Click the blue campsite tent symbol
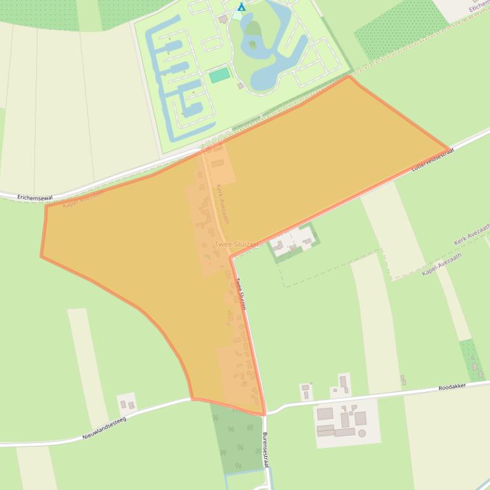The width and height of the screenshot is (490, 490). click(x=241, y=7)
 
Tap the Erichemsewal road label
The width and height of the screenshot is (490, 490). click(x=35, y=198)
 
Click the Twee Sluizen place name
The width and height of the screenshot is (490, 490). click(x=237, y=244)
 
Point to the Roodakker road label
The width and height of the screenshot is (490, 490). click(x=452, y=386)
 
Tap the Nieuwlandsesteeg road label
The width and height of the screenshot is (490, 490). click(x=104, y=428)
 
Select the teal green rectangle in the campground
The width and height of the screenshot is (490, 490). click(x=220, y=76)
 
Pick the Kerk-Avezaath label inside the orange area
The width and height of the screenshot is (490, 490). click(x=222, y=204)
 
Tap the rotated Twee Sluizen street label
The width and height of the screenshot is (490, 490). click(x=241, y=294)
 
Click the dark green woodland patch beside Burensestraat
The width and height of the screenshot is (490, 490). click(x=237, y=439)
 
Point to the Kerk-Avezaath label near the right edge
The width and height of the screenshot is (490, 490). click(x=472, y=235)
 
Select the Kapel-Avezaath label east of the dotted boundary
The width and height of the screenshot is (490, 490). click(x=442, y=264)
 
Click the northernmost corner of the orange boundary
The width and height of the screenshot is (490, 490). click(x=349, y=77)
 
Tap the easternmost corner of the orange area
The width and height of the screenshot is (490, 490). click(x=447, y=150)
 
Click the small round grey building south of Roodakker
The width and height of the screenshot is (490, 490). click(x=362, y=433)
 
